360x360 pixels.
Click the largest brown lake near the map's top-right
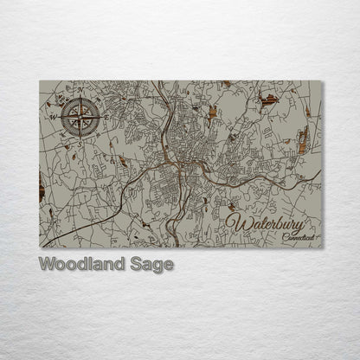coord(269,100)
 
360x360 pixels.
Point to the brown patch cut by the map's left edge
coord(42,184)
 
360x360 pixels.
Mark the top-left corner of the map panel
coord(40,80)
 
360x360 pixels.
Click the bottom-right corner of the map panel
coord(321,247)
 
